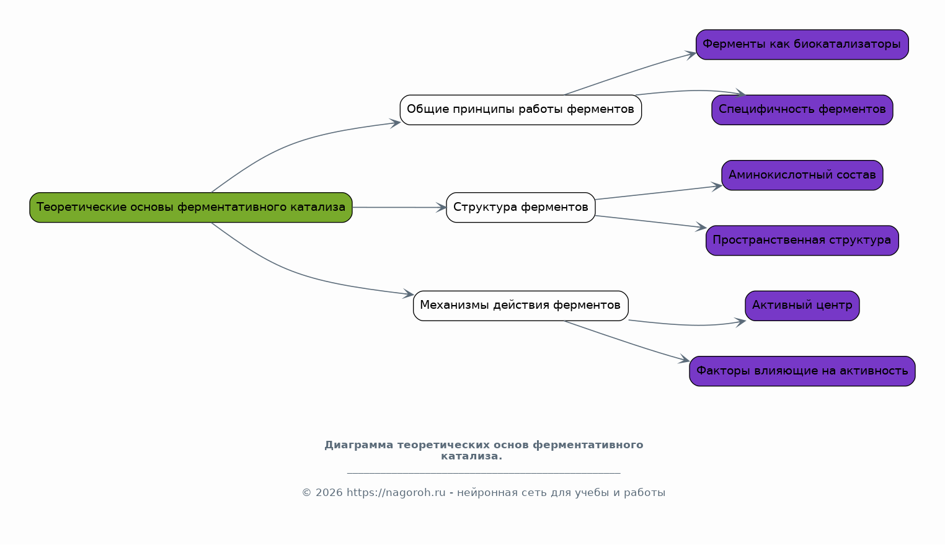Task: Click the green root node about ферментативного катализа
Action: tap(191, 208)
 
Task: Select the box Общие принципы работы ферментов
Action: tap(521, 110)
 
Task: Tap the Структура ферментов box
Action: tap(521, 208)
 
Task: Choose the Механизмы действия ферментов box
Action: tap(521, 306)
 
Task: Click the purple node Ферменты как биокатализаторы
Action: tap(802, 44)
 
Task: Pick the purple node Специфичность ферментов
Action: tap(802, 110)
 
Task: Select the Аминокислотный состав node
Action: tap(802, 175)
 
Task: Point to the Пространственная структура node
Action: tap(802, 241)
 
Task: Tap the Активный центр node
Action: tap(802, 306)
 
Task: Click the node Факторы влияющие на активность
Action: tap(802, 371)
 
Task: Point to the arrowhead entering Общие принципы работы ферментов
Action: tap(395, 123)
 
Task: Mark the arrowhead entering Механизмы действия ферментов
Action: tap(409, 294)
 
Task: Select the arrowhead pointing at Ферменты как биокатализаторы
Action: tap(691, 55)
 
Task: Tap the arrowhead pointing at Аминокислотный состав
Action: tap(717, 187)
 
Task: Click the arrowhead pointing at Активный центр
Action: tap(740, 322)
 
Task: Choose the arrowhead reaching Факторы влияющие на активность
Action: tap(685, 360)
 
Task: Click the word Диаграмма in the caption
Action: tap(358, 445)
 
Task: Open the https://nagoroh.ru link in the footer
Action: tap(396, 493)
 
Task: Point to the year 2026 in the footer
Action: tap(329, 493)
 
